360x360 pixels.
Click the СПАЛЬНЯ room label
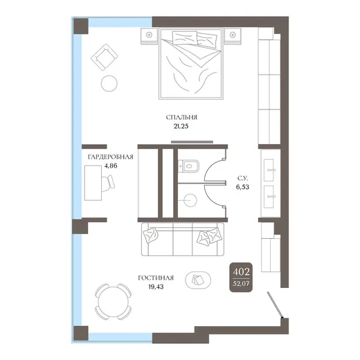[x=181, y=117]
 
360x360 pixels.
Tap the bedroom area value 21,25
[x=181, y=126]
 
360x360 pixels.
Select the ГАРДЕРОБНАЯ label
[x=111, y=157]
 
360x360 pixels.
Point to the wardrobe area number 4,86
[x=111, y=165]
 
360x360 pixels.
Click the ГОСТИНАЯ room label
[x=156, y=278]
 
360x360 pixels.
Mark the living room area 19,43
[x=156, y=287]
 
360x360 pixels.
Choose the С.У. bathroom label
[x=242, y=178]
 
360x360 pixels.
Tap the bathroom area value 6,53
[x=242, y=187]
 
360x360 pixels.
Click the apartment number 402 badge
[x=241, y=277]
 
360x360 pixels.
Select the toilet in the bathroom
[x=188, y=166]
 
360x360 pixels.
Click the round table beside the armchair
[x=109, y=84]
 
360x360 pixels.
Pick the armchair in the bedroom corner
[x=105, y=57]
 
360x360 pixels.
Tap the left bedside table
[x=149, y=36]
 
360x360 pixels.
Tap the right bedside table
[x=233, y=36]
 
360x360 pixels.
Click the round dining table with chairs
[x=114, y=301]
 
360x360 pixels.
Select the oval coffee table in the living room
[x=198, y=280]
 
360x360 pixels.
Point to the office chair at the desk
[x=108, y=183]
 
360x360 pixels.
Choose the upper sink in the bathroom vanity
[x=269, y=170]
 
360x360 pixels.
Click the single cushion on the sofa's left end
[x=151, y=235]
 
